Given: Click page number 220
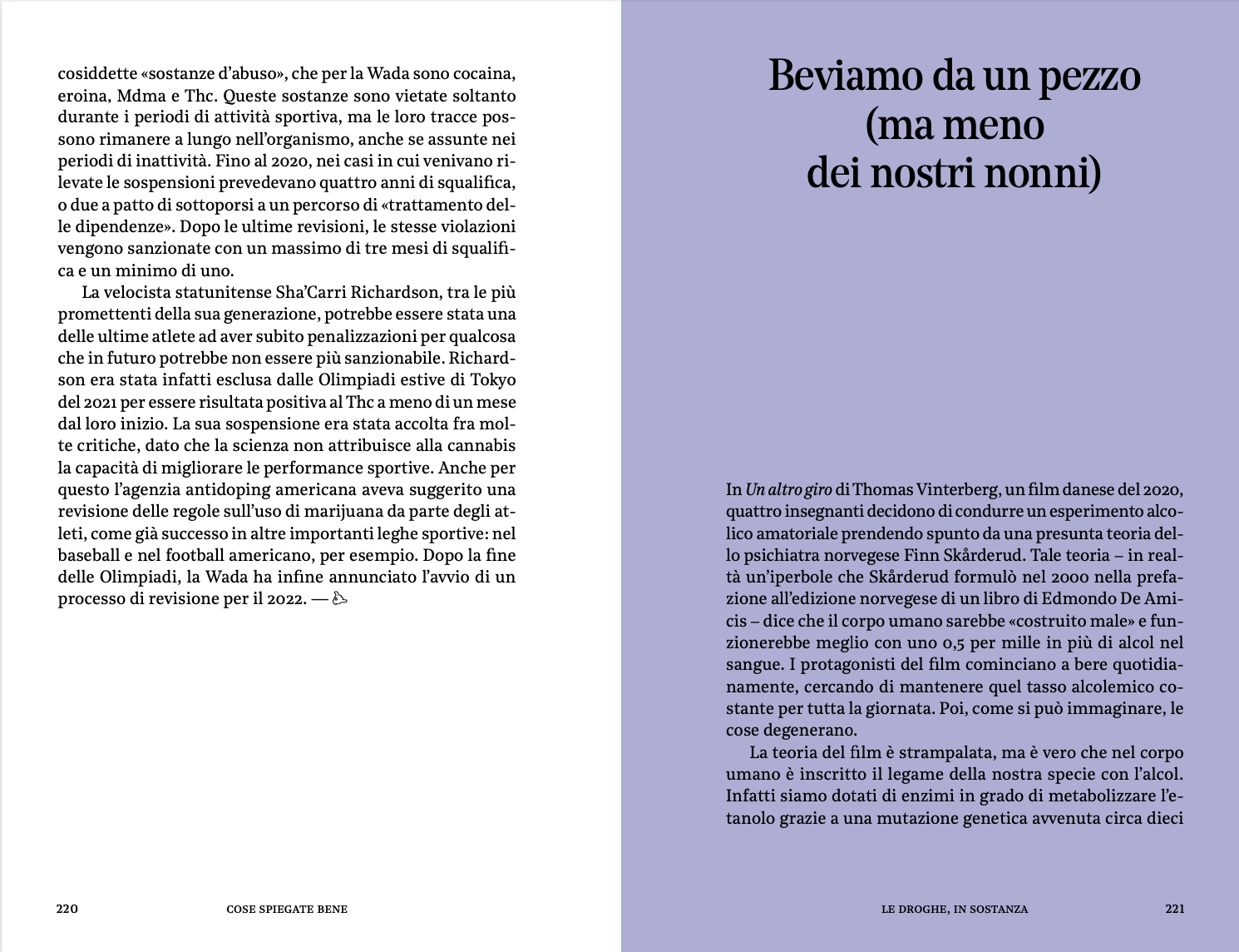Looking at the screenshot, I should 67,909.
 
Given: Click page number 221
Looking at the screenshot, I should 1174,909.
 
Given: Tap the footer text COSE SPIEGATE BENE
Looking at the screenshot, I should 287,909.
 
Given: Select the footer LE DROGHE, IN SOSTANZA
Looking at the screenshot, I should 955,909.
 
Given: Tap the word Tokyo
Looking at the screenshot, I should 493,379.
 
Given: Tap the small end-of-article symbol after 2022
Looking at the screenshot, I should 339,599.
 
